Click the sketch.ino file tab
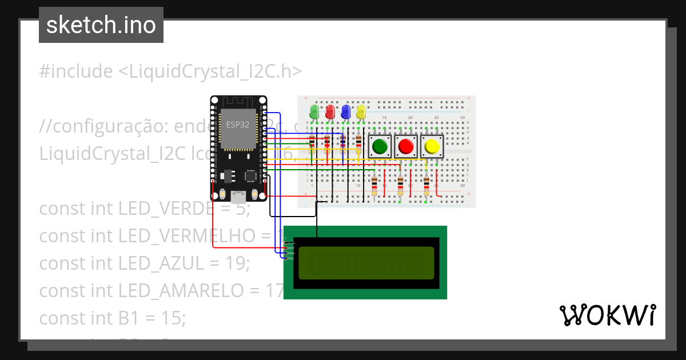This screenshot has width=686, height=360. [101, 25]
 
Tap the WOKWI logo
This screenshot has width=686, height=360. [607, 315]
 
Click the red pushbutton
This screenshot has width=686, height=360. [406, 147]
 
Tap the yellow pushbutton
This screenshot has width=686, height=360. [432, 147]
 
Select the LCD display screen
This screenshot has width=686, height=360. [366, 262]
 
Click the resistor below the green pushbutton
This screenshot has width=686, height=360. [374, 185]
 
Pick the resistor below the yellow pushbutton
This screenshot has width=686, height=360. [427, 185]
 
